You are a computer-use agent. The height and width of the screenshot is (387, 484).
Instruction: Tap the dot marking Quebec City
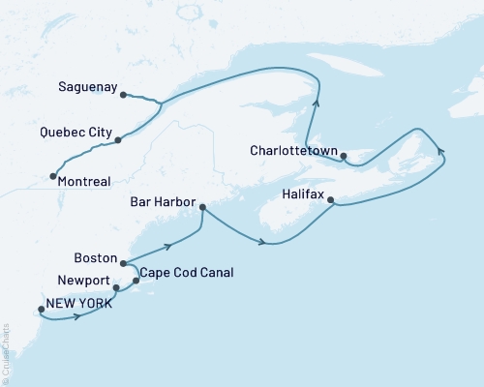[118, 140]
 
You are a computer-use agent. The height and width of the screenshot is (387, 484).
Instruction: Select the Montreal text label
[83, 181]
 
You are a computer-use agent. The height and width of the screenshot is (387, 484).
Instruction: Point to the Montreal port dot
[51, 176]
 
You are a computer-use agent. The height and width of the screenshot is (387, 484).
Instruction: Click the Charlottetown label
[291, 151]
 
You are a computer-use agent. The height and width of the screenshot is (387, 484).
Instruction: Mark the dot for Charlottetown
[344, 155]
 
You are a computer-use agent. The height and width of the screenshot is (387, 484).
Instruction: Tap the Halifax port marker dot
[331, 201]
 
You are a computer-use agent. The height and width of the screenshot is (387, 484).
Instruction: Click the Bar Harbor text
[161, 204]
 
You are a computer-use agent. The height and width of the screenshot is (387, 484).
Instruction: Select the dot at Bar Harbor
[202, 206]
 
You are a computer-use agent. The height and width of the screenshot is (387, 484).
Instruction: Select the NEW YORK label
[76, 304]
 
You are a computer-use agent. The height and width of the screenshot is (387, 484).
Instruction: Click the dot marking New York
[41, 310]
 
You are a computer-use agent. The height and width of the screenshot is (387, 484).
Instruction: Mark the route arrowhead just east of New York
[76, 316]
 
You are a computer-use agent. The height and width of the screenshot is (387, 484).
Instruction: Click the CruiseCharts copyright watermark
[5, 348]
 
